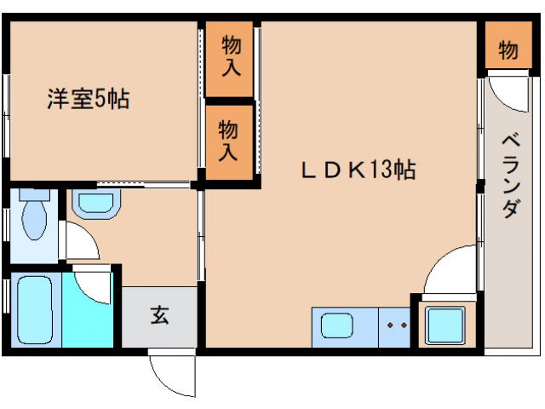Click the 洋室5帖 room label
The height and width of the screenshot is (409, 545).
(88, 100)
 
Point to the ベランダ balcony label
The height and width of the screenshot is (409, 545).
(510, 176)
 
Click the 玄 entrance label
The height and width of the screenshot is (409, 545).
(160, 315)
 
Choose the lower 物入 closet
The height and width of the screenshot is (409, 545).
(229, 141)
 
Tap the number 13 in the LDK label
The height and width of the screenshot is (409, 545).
(380, 170)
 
